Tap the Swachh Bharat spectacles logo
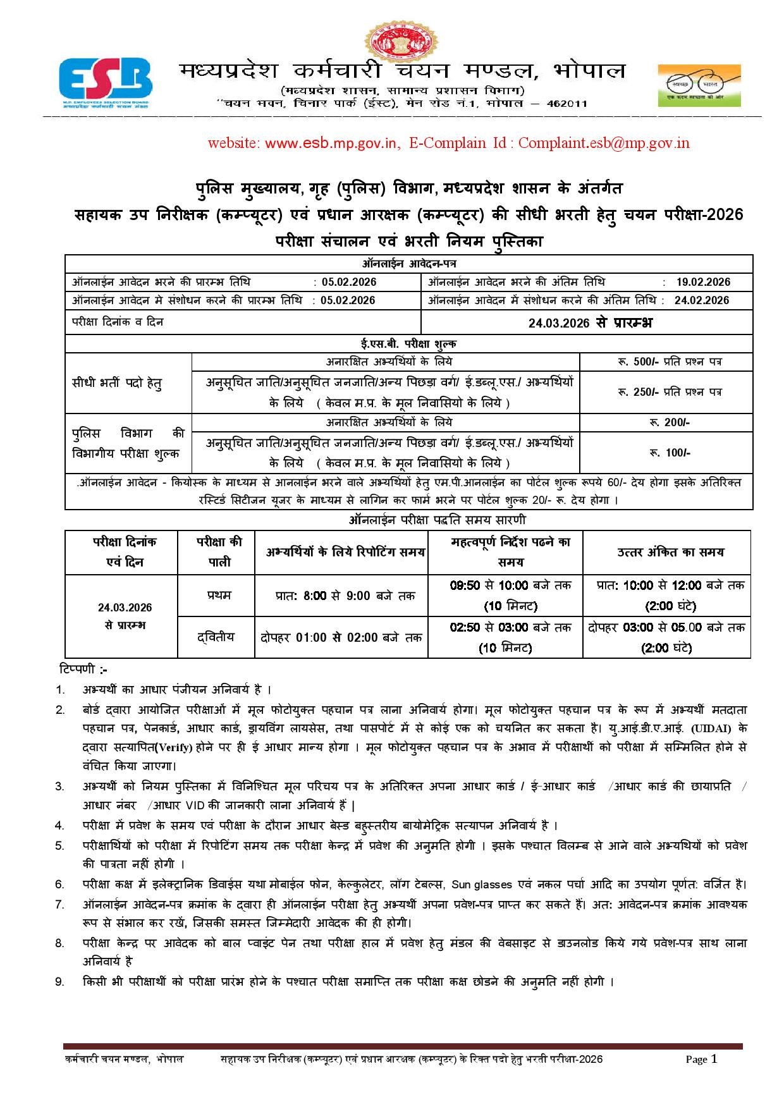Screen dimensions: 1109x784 coord(699,85)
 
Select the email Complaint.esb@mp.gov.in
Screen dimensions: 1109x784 coord(604,143)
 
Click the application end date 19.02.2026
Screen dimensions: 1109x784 coord(702,282)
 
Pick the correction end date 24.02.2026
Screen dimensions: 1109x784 coord(701,300)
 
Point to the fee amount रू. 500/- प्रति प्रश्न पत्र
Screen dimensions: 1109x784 coord(669,362)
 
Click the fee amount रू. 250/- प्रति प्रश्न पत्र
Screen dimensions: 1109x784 coord(669,392)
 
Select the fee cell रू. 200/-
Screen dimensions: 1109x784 coord(669,422)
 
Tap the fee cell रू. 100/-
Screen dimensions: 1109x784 coord(669,453)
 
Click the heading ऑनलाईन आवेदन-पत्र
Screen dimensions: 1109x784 coord(409,264)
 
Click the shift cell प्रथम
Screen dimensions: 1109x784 coord(219,595)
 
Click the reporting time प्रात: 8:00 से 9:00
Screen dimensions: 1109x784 coord(345,596)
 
